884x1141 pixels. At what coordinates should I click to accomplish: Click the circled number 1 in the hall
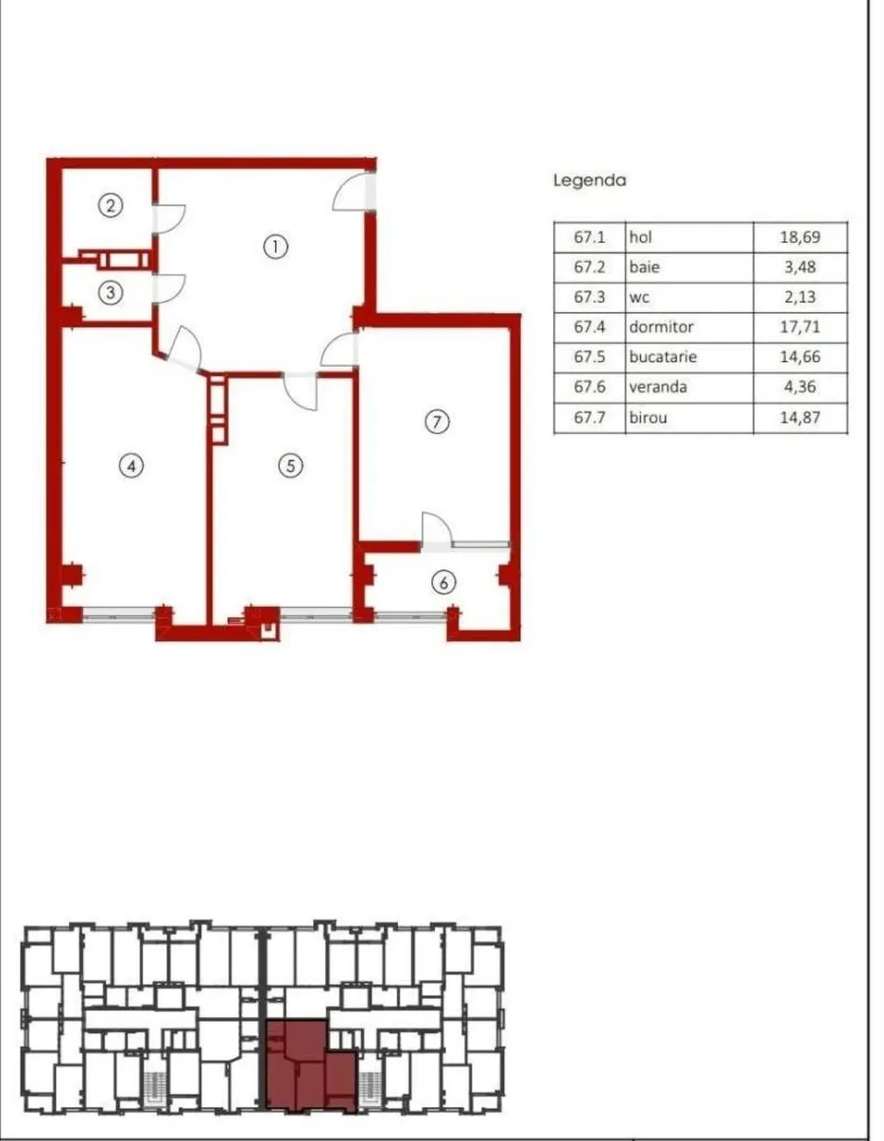coord(275,247)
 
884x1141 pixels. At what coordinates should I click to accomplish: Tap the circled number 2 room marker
coord(111,205)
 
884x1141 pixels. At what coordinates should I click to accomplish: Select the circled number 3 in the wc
coord(111,292)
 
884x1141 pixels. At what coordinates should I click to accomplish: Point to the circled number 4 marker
coord(131,465)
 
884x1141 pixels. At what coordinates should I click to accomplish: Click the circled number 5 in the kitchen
coord(291,465)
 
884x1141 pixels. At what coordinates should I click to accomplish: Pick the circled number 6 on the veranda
coord(444,582)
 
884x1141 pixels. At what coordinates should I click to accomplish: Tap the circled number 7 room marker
coord(437,422)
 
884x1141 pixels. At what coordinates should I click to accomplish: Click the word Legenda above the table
coord(590,181)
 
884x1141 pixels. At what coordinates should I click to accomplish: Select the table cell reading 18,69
coord(800,237)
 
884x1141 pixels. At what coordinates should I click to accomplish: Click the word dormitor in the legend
coord(662,326)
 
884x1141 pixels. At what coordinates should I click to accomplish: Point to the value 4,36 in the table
coord(800,387)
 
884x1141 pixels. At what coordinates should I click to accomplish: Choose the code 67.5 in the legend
coord(589,357)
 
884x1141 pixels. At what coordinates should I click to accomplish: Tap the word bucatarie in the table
coord(663,357)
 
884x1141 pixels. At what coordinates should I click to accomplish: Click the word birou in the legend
coord(649,418)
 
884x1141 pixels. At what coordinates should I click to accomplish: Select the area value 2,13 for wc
coord(800,297)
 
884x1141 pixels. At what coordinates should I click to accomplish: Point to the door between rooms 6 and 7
coord(436,532)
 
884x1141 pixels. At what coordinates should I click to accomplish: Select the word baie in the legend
coord(645,267)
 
